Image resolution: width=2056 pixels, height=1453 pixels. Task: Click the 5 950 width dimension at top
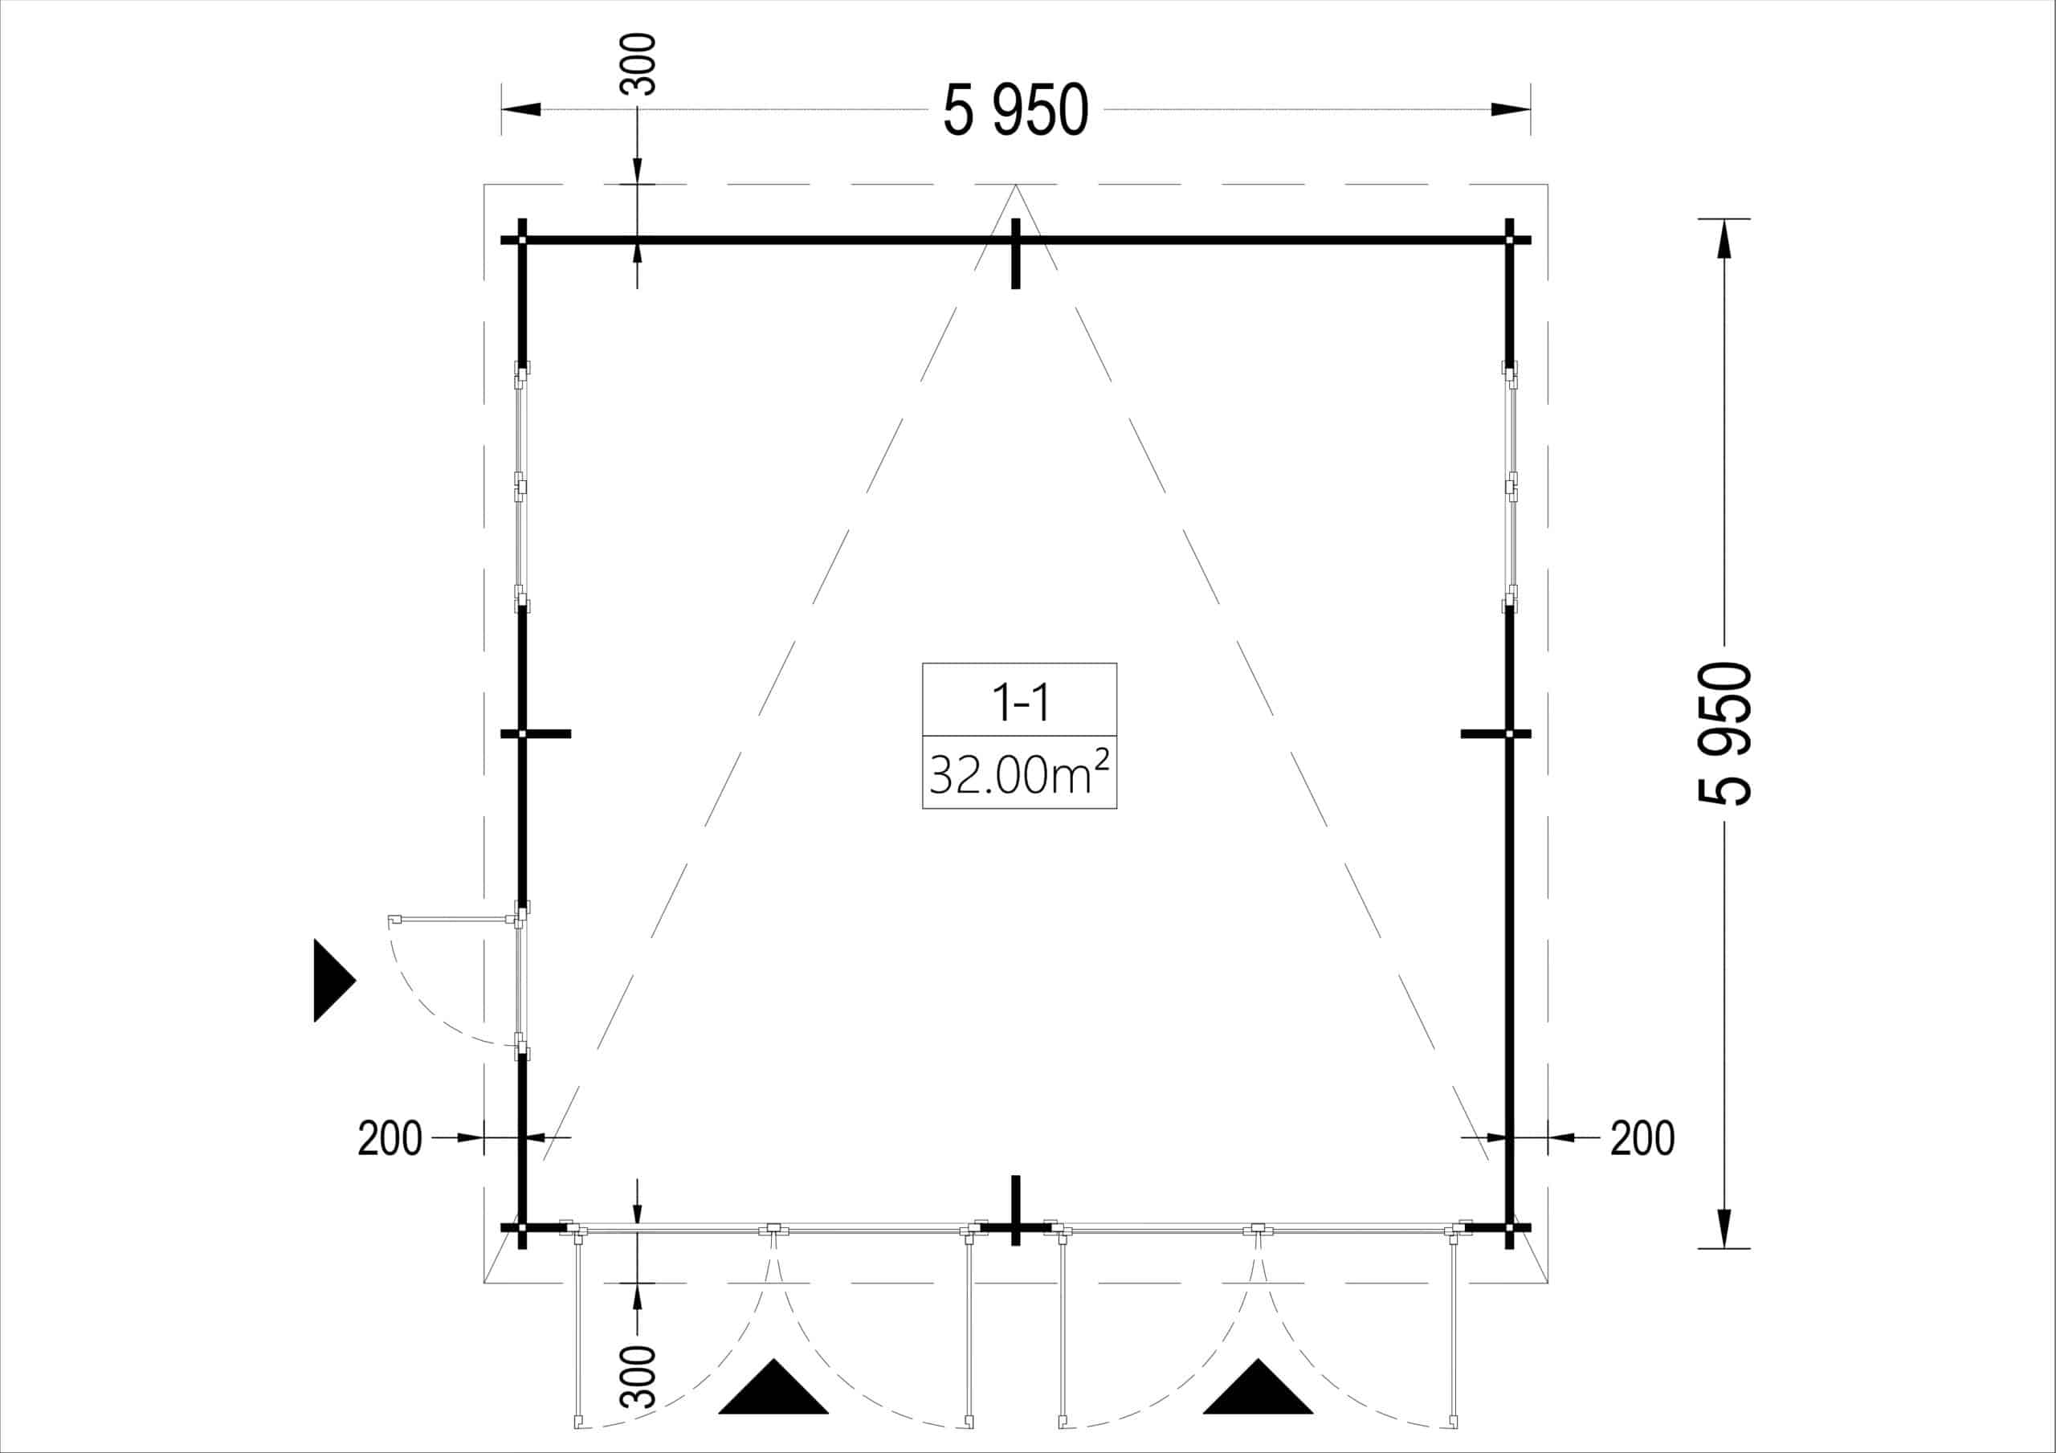(1015, 111)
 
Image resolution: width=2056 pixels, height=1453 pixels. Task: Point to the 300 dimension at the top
(638, 63)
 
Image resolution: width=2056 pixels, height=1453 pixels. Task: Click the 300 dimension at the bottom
(638, 1376)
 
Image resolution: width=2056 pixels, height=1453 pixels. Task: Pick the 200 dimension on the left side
(390, 1139)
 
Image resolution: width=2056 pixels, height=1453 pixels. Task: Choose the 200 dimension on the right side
(1642, 1139)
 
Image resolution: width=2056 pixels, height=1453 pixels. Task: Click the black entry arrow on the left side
(333, 980)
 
